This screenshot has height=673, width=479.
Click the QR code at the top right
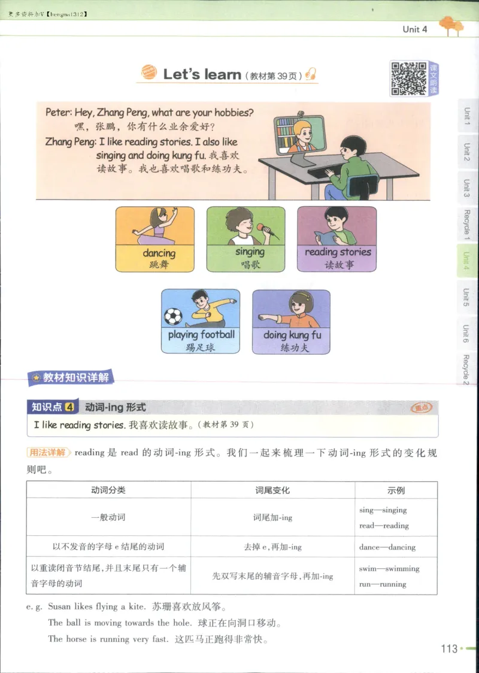tap(408, 79)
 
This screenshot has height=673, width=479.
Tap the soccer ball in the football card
tap(173, 316)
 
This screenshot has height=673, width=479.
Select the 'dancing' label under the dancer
tap(159, 253)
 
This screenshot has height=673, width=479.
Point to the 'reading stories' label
tap(338, 252)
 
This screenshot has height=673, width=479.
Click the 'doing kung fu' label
tap(292, 335)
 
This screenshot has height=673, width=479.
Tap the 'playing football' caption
tap(201, 334)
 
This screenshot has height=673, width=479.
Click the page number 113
tap(448, 648)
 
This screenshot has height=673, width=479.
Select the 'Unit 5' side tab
tap(466, 297)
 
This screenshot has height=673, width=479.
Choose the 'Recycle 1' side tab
tap(466, 225)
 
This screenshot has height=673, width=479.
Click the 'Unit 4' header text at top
tap(415, 29)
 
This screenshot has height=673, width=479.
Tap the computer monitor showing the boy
tap(299, 135)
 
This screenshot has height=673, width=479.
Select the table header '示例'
tap(396, 490)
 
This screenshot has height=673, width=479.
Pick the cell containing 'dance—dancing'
tap(387, 547)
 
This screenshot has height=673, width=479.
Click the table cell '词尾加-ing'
tap(272, 517)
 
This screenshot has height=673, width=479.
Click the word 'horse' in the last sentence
tap(76, 639)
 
